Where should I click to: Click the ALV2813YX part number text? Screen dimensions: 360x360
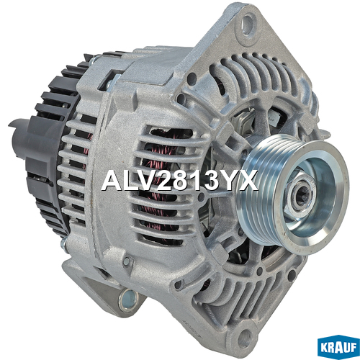coord(179,180)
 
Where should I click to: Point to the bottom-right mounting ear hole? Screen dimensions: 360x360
coord(244,337)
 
